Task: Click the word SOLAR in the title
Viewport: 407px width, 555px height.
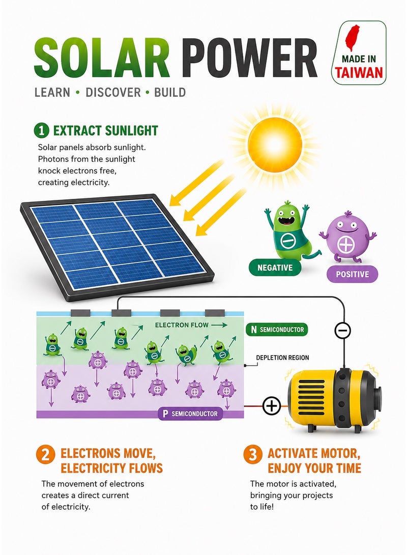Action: click(x=102, y=59)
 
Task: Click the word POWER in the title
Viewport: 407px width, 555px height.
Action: click(x=250, y=59)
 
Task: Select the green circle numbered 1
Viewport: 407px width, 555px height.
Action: click(x=41, y=131)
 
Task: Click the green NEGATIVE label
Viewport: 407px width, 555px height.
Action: click(x=275, y=268)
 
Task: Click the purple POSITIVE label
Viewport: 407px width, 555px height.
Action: click(x=352, y=274)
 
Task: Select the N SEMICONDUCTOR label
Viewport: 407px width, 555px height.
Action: click(x=277, y=330)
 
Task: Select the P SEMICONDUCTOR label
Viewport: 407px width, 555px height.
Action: click(x=190, y=414)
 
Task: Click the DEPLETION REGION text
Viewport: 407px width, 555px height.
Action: click(x=282, y=358)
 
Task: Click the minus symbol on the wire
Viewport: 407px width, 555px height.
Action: click(x=342, y=331)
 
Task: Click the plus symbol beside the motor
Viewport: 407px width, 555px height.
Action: click(x=272, y=406)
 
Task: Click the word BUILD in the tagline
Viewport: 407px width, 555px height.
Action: click(x=170, y=93)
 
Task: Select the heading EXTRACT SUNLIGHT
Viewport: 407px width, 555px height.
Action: click(x=105, y=131)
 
